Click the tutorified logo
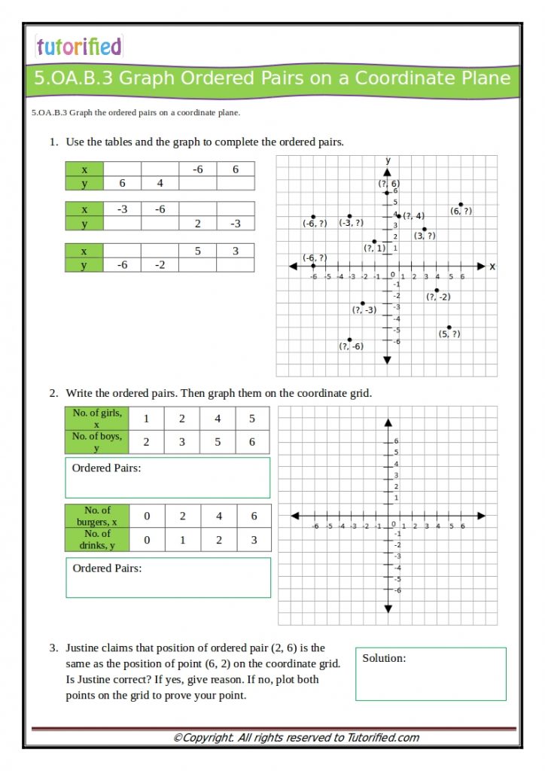pos(78,47)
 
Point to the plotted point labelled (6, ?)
pos(461,204)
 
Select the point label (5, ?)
pos(449,334)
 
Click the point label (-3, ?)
pos(351,223)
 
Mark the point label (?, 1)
pos(374,248)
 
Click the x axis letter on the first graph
pos(492,267)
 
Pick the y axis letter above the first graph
pos(388,160)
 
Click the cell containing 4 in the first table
pos(160,183)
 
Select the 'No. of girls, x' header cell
pos(97,419)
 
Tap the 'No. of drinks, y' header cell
pos(97,540)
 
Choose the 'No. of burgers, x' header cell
pos(97,516)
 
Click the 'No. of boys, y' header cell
pos(97,442)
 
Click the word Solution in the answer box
pos(384,658)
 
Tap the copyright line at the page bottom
pos(296,738)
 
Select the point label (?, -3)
pos(364,310)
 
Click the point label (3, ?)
pos(425,236)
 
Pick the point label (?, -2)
pos(438,297)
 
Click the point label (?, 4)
pos(413,216)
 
